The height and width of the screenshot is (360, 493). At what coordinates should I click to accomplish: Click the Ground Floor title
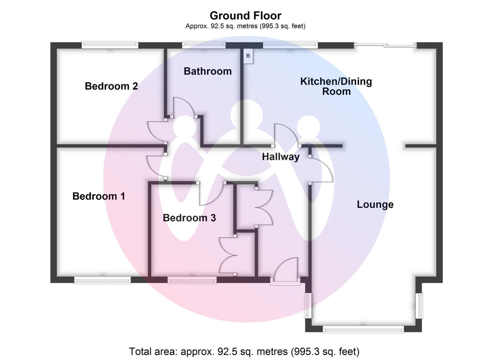245,16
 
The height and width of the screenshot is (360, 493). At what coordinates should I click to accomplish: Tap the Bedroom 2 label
111,86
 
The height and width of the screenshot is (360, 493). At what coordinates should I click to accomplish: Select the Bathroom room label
207,71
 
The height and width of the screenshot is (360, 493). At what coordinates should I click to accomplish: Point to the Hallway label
281,157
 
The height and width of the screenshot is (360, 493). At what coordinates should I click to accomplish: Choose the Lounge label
375,204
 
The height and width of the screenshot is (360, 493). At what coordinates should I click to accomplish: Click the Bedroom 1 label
99,196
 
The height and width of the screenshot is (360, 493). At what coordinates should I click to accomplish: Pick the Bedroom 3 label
189,218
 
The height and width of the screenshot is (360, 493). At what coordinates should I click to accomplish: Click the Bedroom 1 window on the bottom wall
102,280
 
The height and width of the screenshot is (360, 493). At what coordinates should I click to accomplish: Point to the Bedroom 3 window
192,280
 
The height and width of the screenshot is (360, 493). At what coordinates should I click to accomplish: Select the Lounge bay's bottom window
363,328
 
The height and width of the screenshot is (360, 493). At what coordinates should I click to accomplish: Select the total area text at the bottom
244,351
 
